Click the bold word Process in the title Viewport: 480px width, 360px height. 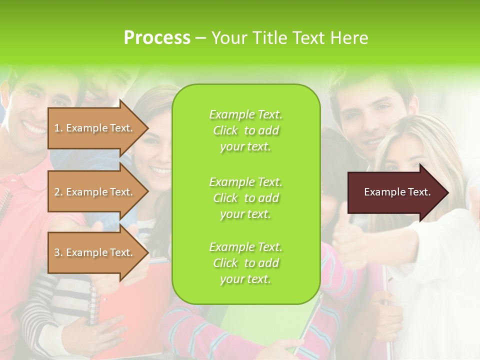[157, 37]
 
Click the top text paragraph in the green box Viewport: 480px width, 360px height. [245, 130]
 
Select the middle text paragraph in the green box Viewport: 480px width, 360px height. [245, 198]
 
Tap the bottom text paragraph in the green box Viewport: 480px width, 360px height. [245, 263]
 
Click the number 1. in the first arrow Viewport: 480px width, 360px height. [58, 128]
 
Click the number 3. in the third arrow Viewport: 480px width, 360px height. [58, 252]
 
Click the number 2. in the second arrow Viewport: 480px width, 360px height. [58, 192]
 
